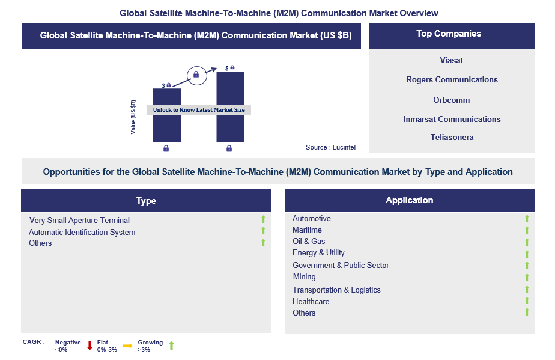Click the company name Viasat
pos(451,60)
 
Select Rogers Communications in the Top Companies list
pos(452,80)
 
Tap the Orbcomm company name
pos(451,100)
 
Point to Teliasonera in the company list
pos(452,138)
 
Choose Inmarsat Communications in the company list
pos(452,120)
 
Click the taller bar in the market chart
pos(231,106)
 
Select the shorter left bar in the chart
pos(167,115)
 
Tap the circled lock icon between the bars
pos(197,76)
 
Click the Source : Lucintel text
pos(330,147)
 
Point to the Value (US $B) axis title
pos(133,117)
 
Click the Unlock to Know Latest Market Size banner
pos(199,110)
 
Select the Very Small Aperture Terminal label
pos(80,221)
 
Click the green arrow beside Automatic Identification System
pos(263,231)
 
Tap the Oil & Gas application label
pos(309,241)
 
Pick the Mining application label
pos(304,276)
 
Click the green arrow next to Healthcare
pos(527,301)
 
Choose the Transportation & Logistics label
pos(336,290)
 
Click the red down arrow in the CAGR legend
pos(90,346)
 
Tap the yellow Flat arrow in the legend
pos(128,346)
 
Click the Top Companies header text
pos(449,34)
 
